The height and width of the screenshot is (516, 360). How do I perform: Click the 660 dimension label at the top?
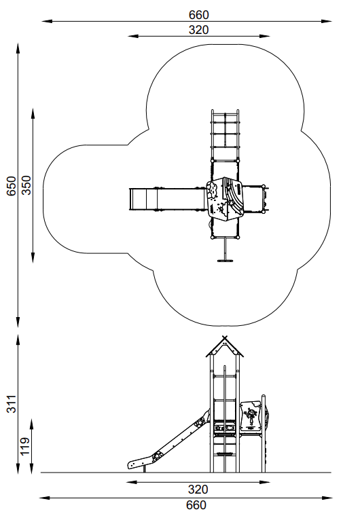(x=198, y=15)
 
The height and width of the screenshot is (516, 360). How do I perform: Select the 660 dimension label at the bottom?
(x=196, y=505)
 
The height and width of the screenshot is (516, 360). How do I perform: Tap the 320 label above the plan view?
(x=198, y=30)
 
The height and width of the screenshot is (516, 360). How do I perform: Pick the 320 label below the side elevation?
(x=198, y=490)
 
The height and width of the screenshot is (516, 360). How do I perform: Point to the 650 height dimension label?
(x=12, y=186)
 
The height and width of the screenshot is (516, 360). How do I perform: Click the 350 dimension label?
(x=26, y=185)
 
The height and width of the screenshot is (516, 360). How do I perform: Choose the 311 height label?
(x=12, y=404)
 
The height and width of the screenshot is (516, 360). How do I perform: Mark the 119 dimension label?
(x=25, y=446)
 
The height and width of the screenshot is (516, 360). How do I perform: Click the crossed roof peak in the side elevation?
(x=225, y=338)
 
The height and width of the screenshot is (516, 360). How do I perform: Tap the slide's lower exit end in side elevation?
(x=131, y=464)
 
